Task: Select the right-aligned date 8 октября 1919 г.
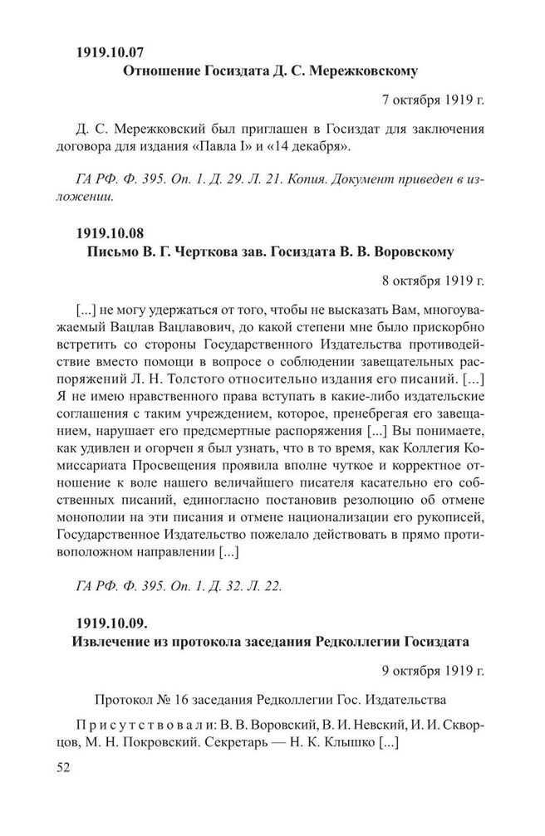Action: [432, 278]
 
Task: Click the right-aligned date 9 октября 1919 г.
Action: [432, 669]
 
